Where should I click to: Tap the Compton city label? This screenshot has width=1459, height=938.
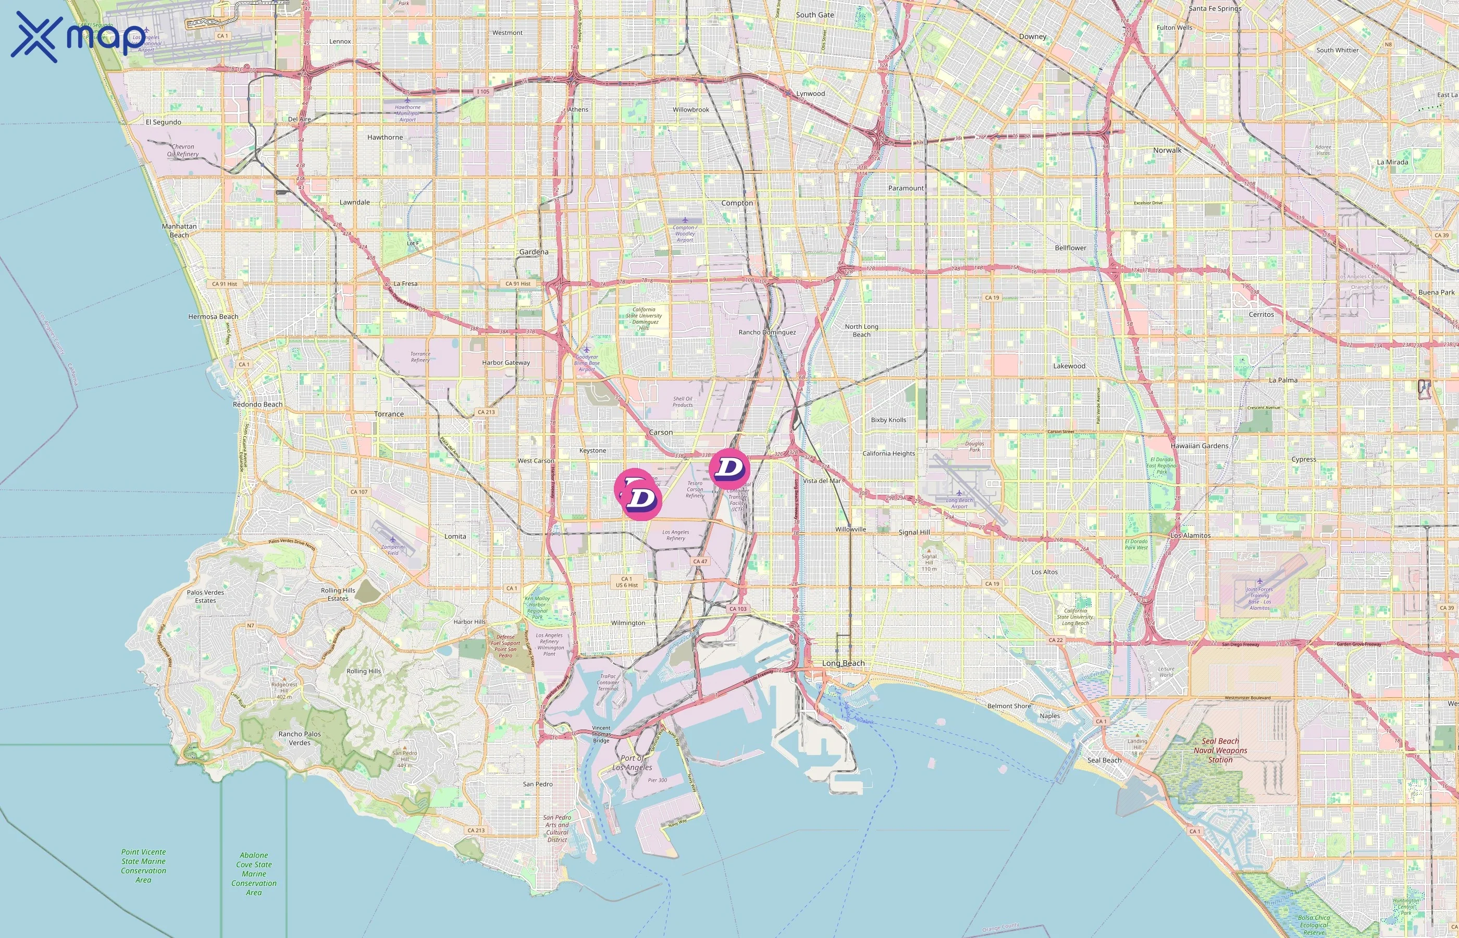[x=737, y=203]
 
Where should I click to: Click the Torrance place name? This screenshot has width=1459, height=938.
[x=389, y=414]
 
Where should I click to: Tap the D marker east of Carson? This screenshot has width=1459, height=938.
[x=729, y=468]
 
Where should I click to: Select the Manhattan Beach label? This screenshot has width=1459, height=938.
[x=179, y=230]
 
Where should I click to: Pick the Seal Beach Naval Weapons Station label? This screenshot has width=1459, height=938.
[x=1220, y=750]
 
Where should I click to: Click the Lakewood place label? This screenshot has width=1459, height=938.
[x=1069, y=366]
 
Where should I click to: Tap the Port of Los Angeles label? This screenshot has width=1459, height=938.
[x=632, y=762]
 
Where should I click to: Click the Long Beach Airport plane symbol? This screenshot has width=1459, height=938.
[x=959, y=493]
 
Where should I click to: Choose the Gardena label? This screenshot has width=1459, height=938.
[x=534, y=252]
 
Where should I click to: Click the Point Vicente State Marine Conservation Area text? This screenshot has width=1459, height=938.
[x=143, y=866]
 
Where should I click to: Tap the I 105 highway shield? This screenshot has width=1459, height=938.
[x=483, y=92]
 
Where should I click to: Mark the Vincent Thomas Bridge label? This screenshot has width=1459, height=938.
[x=601, y=734]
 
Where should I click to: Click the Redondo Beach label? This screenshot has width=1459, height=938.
[x=257, y=404]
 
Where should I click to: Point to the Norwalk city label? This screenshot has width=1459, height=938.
[x=1167, y=151]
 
